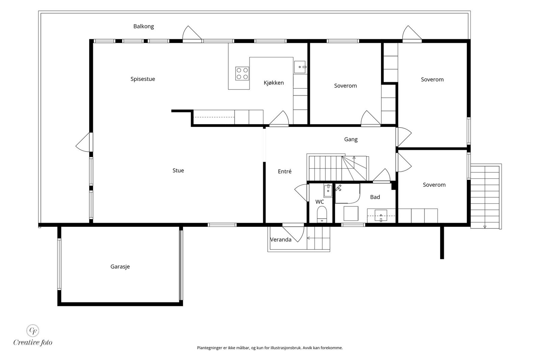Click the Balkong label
point(143,26)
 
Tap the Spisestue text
point(143,79)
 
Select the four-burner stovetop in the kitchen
point(242,74)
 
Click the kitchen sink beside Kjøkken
point(300,67)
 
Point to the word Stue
point(178,171)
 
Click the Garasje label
point(120,267)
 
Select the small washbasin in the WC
point(328,191)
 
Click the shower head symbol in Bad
point(339,188)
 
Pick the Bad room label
point(375,197)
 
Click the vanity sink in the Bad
point(381,215)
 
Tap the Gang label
point(351,139)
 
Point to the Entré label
point(285,171)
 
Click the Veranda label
point(280,240)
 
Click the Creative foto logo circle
point(32,331)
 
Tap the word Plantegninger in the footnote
point(210,348)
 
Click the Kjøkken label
point(274,83)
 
